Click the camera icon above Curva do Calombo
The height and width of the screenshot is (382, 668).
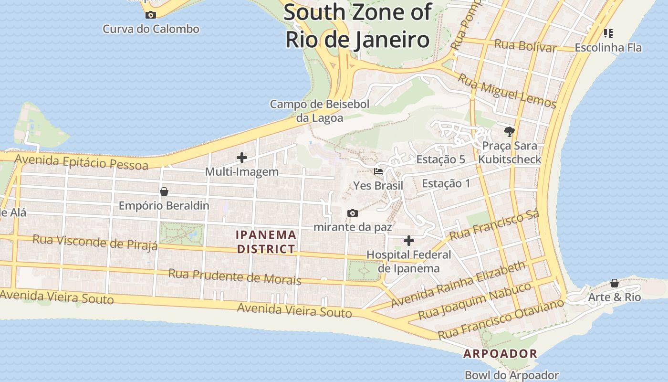click(151, 15)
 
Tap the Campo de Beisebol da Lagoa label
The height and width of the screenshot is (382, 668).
click(320, 111)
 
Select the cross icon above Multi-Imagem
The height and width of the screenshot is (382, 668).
click(242, 158)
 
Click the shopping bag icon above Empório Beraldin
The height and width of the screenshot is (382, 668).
click(164, 191)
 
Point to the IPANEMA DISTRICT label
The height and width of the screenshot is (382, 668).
click(266, 242)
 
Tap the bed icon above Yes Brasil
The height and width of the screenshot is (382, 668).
click(378, 171)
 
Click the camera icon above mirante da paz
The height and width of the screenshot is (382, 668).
click(353, 213)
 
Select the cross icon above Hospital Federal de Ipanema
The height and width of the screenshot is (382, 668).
click(409, 241)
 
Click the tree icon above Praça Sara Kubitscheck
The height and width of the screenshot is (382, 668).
click(510, 131)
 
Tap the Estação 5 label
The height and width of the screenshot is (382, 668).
click(440, 159)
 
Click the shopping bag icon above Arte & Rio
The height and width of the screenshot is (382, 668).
click(614, 283)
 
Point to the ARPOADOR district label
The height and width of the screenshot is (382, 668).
click(501, 354)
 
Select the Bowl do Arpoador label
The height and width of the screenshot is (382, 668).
click(511, 375)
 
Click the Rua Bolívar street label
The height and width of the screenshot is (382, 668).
click(525, 46)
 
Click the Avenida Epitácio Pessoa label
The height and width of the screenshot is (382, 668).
click(81, 162)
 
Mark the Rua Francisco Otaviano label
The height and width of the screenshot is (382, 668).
click(501, 319)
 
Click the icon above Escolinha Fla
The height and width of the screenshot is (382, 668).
click(608, 33)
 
